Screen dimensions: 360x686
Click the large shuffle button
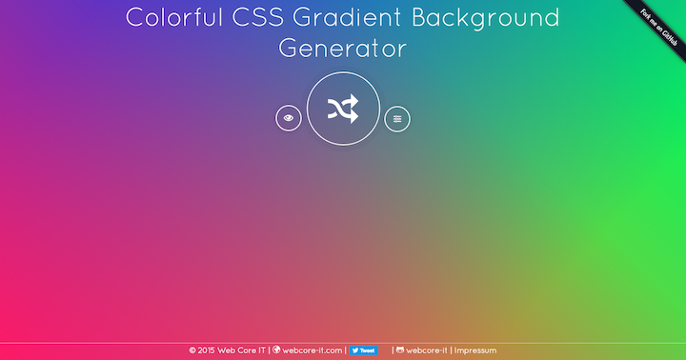pyautogui.click(x=344, y=109)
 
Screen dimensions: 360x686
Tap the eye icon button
pyautogui.click(x=289, y=118)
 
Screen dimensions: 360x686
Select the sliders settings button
pyautogui.click(x=397, y=118)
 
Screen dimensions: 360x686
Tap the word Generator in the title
pyautogui.click(x=343, y=48)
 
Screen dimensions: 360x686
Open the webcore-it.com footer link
pyautogui.click(x=313, y=350)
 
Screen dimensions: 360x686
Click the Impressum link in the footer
pyautogui.click(x=475, y=350)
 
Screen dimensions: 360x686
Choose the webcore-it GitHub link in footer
pyautogui.click(x=427, y=350)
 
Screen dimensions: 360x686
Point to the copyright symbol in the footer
pyautogui.click(x=192, y=350)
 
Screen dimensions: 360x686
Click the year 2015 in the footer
pyautogui.click(x=207, y=350)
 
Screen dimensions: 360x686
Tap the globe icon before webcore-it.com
pyautogui.click(x=277, y=350)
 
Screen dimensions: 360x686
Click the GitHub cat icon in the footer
pyautogui.click(x=400, y=350)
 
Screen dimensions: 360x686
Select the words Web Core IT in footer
pyautogui.click(x=241, y=350)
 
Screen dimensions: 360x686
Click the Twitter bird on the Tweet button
pyautogui.click(x=355, y=350)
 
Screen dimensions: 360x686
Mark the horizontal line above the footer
pyautogui.click(x=343, y=343)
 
